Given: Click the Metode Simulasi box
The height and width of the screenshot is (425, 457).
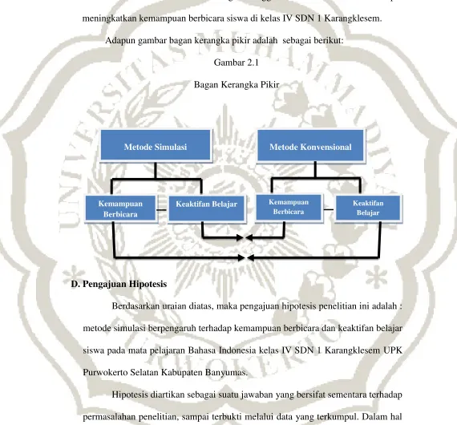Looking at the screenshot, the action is click(x=156, y=145).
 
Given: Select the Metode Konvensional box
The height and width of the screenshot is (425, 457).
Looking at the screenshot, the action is click(x=311, y=145).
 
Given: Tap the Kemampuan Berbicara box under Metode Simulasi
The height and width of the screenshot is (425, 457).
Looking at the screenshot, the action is click(x=120, y=208).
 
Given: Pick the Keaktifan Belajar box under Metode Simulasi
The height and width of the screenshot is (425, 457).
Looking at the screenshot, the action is click(x=206, y=208).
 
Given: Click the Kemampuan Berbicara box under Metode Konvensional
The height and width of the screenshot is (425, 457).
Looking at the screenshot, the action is click(x=289, y=207).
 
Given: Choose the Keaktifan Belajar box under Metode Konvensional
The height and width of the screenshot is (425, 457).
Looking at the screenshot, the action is click(x=368, y=208).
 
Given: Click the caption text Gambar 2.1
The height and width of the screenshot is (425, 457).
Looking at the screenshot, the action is click(x=237, y=63).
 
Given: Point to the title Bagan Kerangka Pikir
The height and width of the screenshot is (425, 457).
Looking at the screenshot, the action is click(x=237, y=85).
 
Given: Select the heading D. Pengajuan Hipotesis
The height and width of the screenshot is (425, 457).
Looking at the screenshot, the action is click(x=119, y=284).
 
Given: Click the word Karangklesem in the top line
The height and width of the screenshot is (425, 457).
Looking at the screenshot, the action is click(x=353, y=18).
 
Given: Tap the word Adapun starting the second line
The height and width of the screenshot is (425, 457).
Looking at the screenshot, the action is click(x=120, y=41).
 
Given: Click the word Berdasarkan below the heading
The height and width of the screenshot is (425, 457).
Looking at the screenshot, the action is click(x=135, y=306).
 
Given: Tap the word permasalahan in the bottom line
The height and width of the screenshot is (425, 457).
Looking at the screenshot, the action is click(x=109, y=417).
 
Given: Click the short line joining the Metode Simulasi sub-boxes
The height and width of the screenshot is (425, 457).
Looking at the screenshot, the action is click(x=162, y=209).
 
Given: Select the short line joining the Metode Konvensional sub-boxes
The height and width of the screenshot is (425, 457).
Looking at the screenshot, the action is click(x=329, y=209).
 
